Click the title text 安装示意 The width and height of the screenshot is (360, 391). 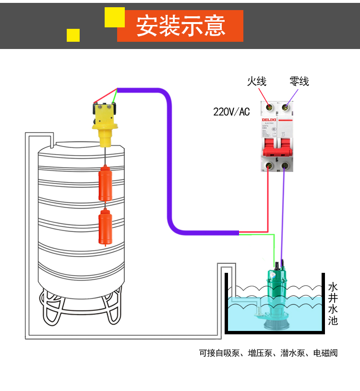180,26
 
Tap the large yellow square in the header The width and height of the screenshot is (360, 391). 115,17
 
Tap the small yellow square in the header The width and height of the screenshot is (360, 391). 73,35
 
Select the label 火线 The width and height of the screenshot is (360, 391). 256,81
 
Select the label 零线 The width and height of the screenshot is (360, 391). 299,81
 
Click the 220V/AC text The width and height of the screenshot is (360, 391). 231,112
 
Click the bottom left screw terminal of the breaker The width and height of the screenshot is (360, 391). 267,167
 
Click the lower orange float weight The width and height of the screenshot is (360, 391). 105,228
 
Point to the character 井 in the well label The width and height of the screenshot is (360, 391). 333,298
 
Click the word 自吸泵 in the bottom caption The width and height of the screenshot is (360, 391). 224,353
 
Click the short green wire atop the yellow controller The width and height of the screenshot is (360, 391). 115,97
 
